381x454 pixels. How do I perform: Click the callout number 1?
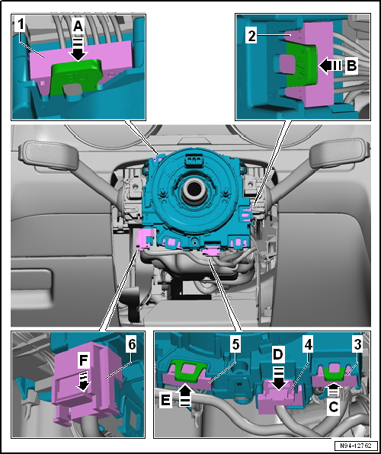pos(21,26)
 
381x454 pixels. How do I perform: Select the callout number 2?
pos(251,37)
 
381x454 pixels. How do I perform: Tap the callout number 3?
pos(357,344)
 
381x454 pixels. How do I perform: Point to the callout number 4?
pos(308,344)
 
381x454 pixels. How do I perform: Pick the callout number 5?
pos(235,344)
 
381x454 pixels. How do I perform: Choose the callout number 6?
pos(132,344)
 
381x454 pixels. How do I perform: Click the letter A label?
pos(78,27)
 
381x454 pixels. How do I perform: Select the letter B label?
pos(351,66)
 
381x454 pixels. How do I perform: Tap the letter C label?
pos(333,408)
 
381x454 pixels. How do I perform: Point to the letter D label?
pos(277,354)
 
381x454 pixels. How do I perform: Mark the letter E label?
pos(165,401)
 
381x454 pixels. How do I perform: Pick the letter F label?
pos(84,361)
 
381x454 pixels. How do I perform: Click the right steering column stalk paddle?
pos(340,153)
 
